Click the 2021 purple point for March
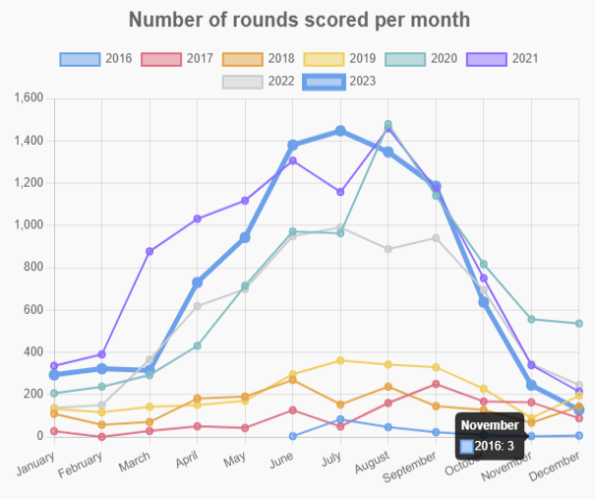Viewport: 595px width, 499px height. [x=149, y=251]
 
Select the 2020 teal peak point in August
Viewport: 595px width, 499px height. [x=388, y=125]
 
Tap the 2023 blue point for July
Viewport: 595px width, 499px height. [x=340, y=131]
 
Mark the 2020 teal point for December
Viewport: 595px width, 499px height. [x=578, y=323]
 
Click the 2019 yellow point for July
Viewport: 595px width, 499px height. [x=340, y=360]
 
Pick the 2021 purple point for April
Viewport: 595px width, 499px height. [x=197, y=218]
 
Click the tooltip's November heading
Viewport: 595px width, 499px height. [x=490, y=426]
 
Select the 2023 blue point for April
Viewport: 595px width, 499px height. [x=197, y=282]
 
